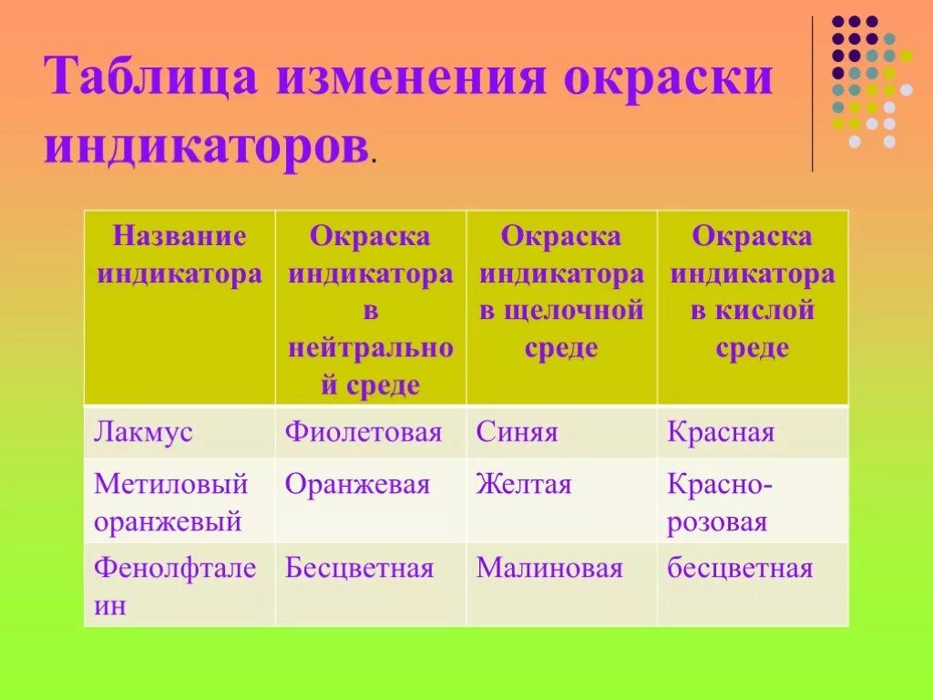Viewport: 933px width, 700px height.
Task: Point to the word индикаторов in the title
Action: click(206, 146)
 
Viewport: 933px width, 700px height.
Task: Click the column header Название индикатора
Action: click(179, 255)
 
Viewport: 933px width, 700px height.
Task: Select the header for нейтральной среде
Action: click(370, 310)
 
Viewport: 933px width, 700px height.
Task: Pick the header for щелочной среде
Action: click(561, 292)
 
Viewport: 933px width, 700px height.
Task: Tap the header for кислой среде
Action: click(753, 292)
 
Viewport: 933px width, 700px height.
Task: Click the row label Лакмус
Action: click(143, 432)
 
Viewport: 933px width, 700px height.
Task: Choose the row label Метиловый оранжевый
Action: click(171, 503)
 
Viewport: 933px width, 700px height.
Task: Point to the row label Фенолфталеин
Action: click(175, 587)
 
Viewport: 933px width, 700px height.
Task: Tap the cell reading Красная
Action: click(720, 432)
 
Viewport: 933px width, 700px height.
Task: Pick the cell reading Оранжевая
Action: click(356, 485)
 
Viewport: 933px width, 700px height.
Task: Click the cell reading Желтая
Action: click(523, 485)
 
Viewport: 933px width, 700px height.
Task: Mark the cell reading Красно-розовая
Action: click(719, 503)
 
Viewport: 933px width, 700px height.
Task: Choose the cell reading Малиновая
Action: click(549, 570)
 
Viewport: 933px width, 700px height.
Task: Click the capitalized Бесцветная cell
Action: click(358, 570)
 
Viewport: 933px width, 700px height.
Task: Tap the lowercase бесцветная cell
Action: click(739, 570)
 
